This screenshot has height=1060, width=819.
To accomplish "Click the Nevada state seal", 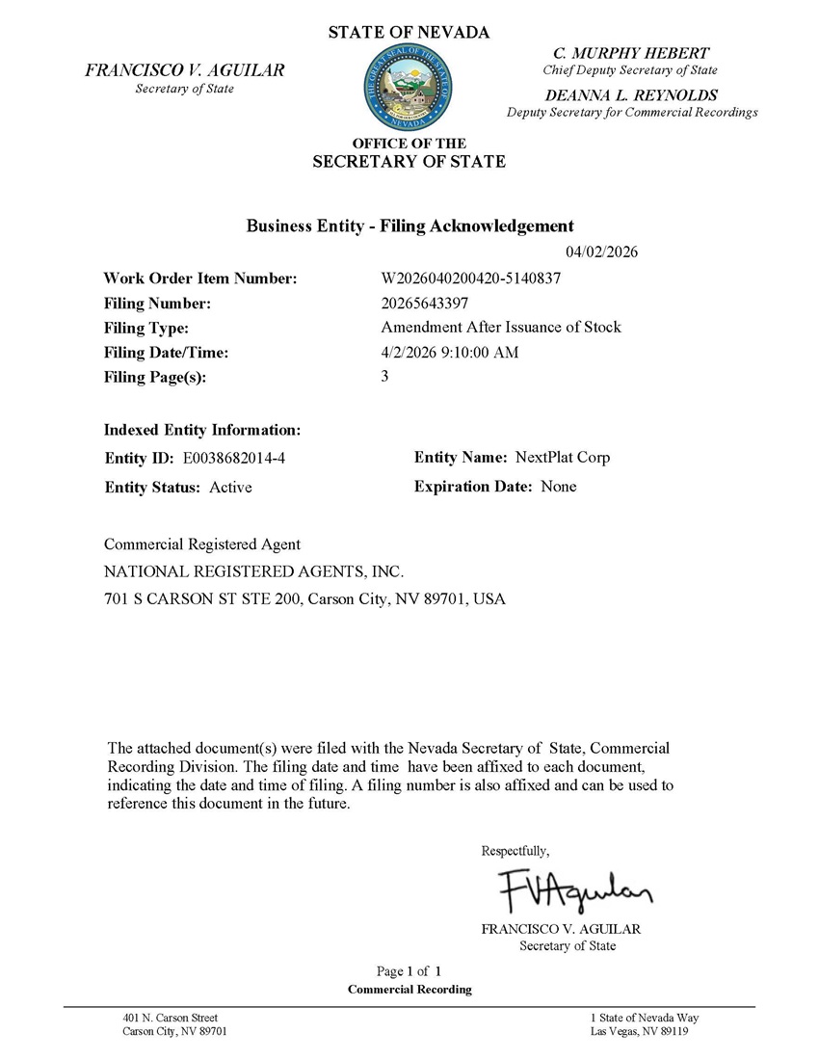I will (x=409, y=92).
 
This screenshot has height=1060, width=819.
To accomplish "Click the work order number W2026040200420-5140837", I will (x=471, y=278).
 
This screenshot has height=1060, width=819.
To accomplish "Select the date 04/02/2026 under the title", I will (x=602, y=252).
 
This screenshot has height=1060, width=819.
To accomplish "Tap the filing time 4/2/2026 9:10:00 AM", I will (x=450, y=352).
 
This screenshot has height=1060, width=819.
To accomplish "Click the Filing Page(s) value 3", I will (x=385, y=377).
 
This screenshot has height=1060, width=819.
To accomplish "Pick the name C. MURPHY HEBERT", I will (x=631, y=53).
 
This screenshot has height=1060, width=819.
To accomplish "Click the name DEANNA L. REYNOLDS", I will (x=631, y=95).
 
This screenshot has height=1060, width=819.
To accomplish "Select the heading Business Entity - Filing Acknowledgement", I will (x=410, y=225).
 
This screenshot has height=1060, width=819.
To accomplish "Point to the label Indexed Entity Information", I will (x=202, y=429).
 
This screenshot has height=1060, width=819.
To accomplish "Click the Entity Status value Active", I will (x=230, y=488).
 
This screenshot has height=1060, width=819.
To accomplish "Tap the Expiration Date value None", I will (x=559, y=487).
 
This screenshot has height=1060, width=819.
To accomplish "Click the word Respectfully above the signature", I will (x=515, y=851).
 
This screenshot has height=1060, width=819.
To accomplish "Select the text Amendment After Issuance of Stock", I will (x=501, y=327).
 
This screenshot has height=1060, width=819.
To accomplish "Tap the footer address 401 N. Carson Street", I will (x=171, y=1018).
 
